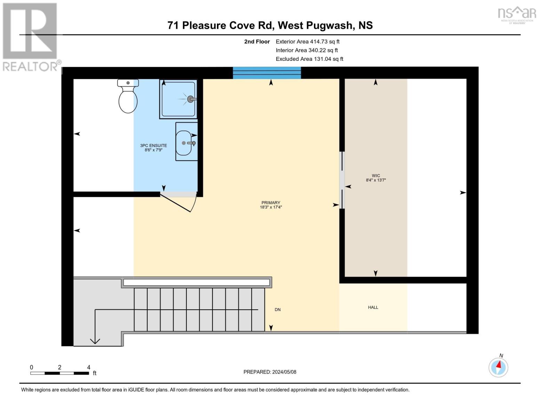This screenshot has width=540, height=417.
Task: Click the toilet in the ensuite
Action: click(x=128, y=97)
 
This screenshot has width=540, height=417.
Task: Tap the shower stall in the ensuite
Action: click(x=178, y=99)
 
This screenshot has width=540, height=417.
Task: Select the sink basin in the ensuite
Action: click(x=184, y=143)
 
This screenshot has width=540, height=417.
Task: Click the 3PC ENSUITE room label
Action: click(x=153, y=148)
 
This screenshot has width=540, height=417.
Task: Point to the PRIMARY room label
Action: click(x=271, y=205)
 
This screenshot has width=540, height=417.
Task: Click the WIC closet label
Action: click(x=376, y=178)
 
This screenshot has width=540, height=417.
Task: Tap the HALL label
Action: click(x=373, y=308)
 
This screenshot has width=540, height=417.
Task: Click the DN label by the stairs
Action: click(x=277, y=310)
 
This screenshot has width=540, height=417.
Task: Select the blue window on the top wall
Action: click(x=267, y=73)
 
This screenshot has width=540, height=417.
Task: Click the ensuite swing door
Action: click(x=177, y=203)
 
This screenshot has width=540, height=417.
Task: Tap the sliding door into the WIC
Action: click(x=342, y=180)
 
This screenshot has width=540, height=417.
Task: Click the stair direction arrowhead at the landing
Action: click(x=95, y=341)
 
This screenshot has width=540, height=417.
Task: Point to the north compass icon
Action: click(x=498, y=367)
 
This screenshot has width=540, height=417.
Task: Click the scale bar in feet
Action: click(x=59, y=373)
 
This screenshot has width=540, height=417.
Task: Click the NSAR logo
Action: click(x=517, y=15)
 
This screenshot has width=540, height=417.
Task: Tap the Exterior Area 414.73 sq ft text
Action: click(x=307, y=42)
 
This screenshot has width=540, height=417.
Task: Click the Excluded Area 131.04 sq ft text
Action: click(x=309, y=59)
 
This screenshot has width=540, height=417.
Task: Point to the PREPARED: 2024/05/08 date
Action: click(x=269, y=372)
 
